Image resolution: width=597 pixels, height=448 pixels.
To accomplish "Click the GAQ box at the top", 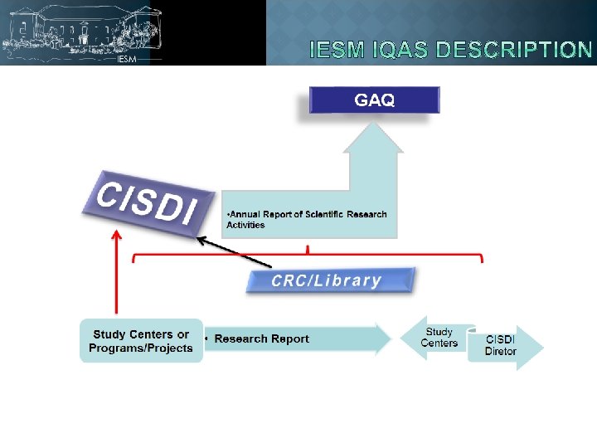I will click(375, 100).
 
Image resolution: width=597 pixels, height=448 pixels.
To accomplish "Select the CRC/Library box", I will click(328, 280).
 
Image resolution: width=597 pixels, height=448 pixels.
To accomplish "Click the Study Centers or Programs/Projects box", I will click(140, 341).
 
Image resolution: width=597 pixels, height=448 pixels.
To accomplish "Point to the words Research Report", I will click(261, 338).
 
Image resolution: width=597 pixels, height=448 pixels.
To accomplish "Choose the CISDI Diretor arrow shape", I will click(503, 345).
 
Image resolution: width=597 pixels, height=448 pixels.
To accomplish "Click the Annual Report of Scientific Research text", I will click(307, 215).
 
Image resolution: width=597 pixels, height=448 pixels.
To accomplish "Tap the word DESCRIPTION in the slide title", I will click(513, 51).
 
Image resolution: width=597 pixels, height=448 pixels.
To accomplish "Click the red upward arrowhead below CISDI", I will click(115, 237).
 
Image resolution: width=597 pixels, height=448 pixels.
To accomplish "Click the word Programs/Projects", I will click(140, 348).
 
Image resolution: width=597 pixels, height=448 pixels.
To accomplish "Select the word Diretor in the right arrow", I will click(500, 351).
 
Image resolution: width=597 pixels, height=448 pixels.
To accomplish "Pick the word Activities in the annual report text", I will click(245, 225).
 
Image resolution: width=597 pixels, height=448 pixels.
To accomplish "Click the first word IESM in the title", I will click(337, 51).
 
